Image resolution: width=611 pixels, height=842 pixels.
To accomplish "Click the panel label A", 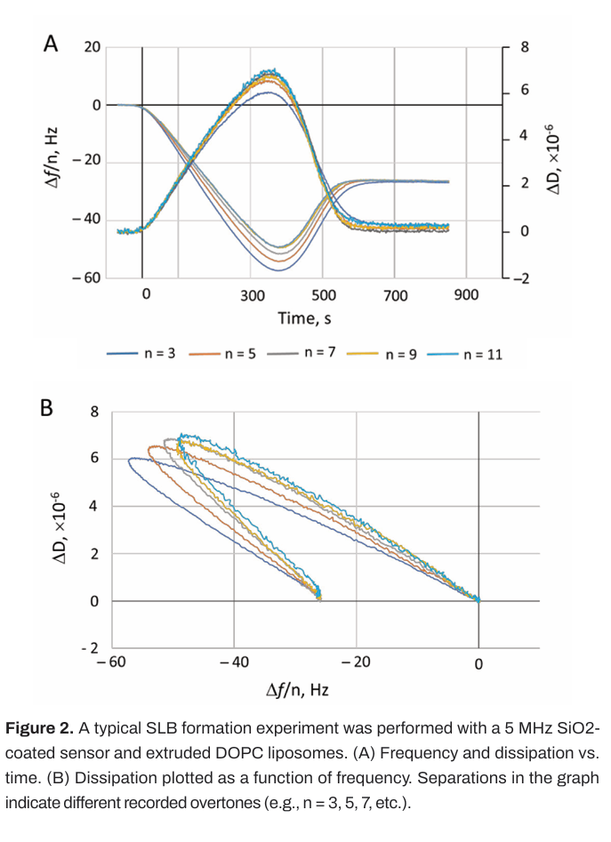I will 51,44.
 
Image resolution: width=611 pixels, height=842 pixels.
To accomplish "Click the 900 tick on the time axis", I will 466,295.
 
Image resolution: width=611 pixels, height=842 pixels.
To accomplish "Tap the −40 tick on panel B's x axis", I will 234,663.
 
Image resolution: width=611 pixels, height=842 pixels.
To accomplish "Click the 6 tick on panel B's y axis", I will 93,459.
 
